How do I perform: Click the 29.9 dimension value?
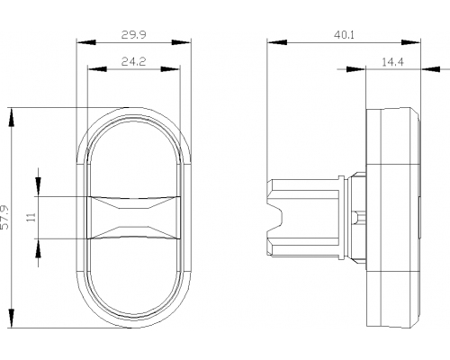[133, 35]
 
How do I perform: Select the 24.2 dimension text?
[133, 61]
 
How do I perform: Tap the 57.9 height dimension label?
[5, 217]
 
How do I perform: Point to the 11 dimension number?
[31, 217]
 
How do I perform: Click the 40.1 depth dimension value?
[344, 35]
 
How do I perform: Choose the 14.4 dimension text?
[392, 62]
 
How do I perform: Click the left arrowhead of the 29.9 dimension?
[86, 42]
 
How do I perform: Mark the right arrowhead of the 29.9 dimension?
[181, 42]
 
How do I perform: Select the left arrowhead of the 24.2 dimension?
[97, 69]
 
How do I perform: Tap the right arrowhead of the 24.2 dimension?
[170, 69]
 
